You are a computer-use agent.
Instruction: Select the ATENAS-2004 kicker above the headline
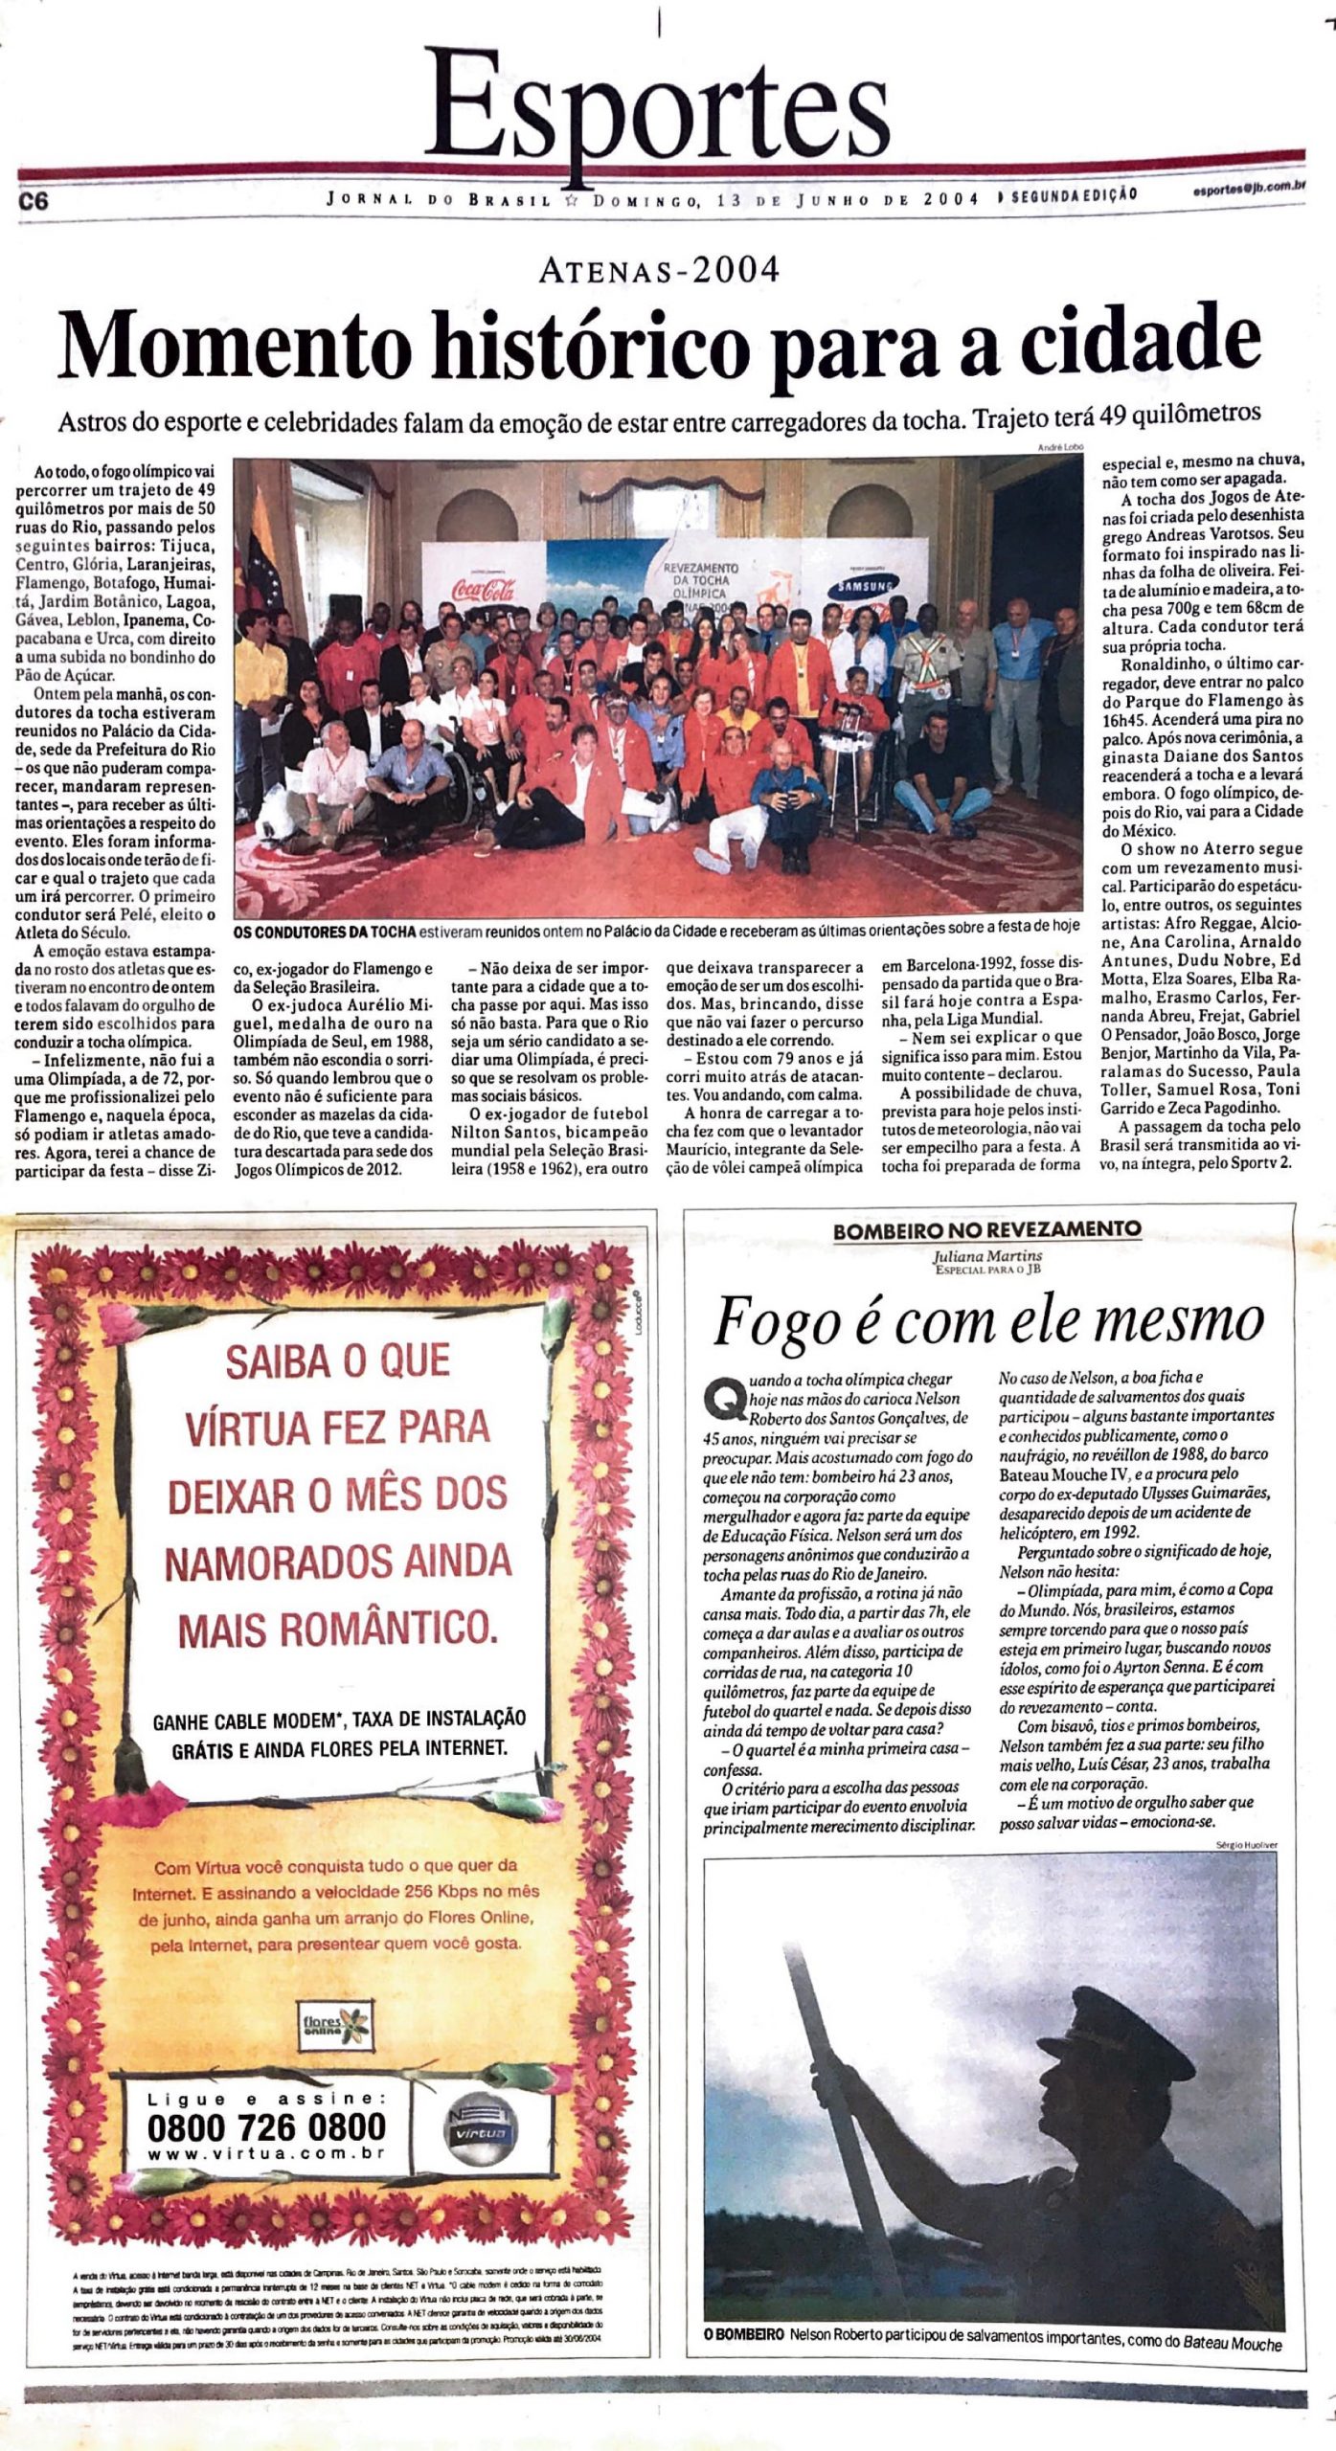(x=659, y=271)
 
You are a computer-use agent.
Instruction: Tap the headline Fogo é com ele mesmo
(x=987, y=1321)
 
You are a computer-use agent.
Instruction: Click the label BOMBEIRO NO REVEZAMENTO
(x=986, y=1230)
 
